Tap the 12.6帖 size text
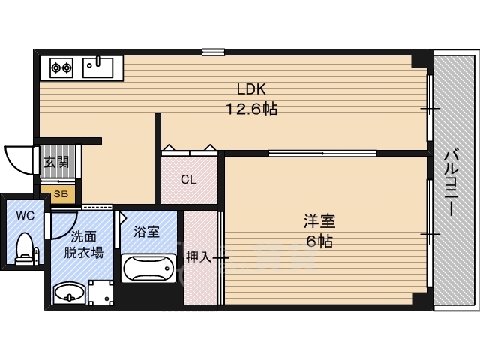click(252, 109)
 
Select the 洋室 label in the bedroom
click(319, 221)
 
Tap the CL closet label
click(188, 180)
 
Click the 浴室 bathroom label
click(147, 232)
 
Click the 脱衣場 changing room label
click(82, 253)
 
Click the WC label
click(25, 216)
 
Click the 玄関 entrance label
click(55, 161)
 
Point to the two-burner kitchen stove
click(61, 68)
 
